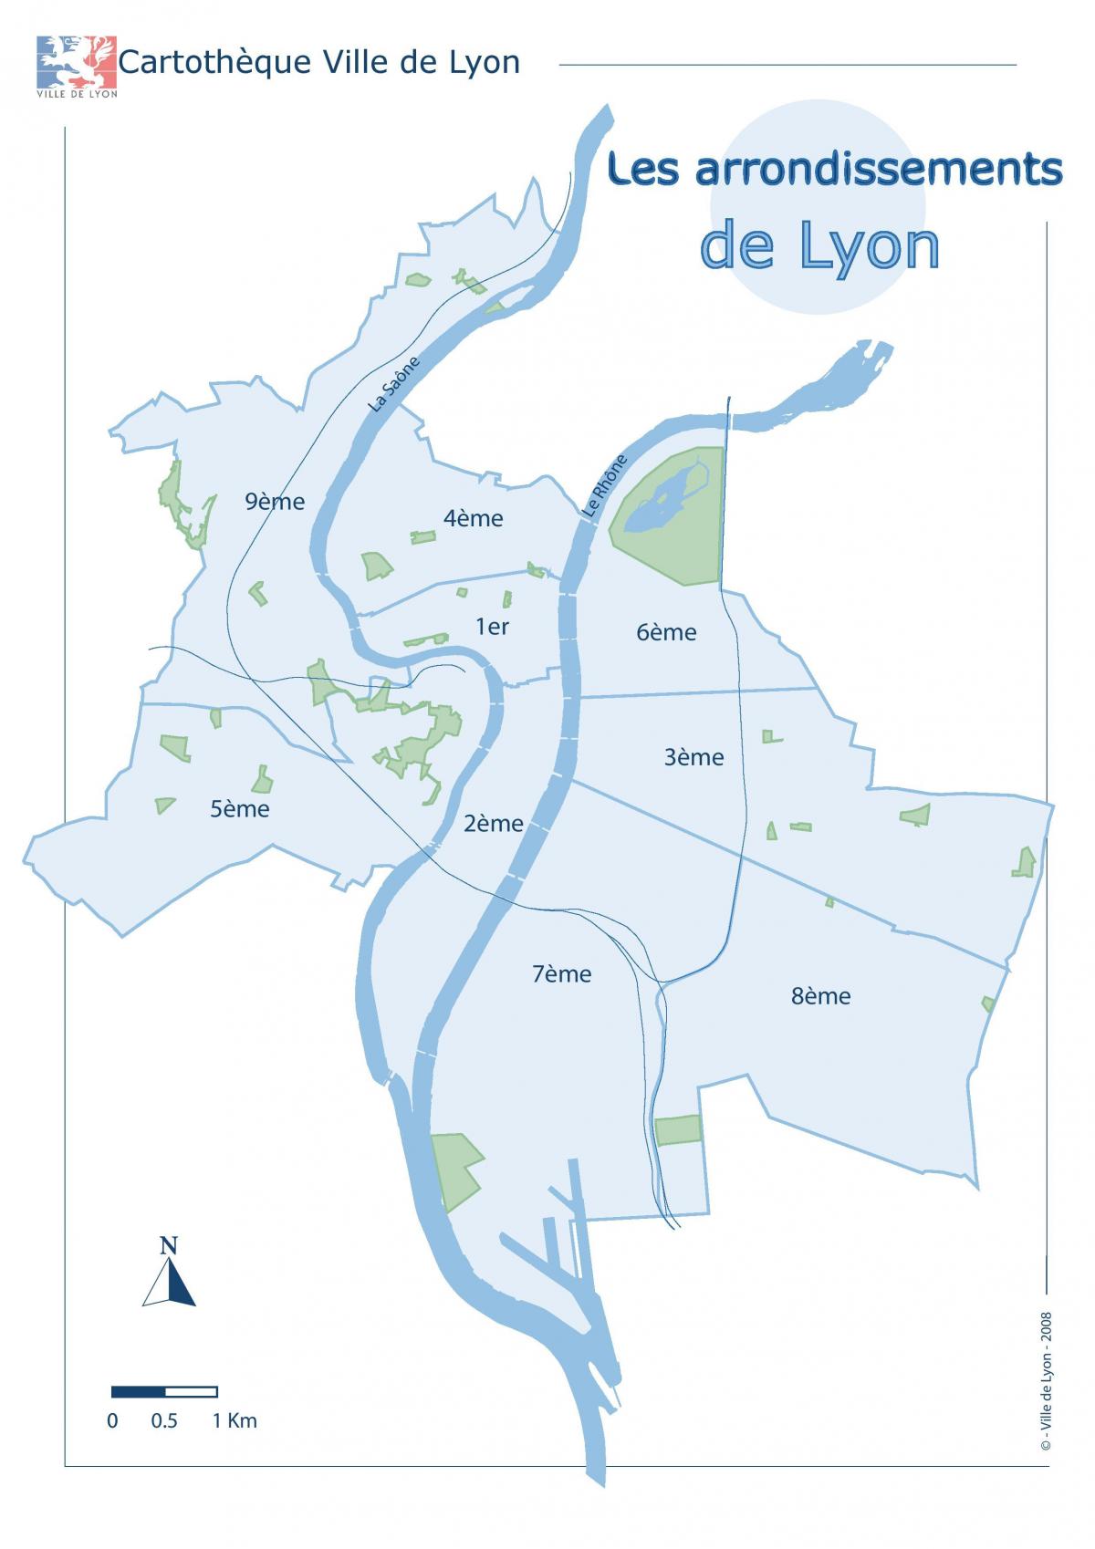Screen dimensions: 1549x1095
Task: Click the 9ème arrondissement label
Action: pyautogui.click(x=274, y=501)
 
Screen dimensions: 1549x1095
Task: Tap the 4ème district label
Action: pyautogui.click(x=473, y=518)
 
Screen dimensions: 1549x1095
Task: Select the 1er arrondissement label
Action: pyautogui.click(x=492, y=626)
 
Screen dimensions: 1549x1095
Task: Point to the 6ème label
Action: pyautogui.click(x=666, y=632)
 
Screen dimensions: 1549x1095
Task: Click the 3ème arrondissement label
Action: pyautogui.click(x=693, y=756)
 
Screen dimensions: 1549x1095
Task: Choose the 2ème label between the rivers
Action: pyautogui.click(x=494, y=824)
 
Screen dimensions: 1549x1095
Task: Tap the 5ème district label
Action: pyautogui.click(x=240, y=808)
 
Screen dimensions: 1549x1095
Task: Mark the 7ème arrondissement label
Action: pyautogui.click(x=561, y=973)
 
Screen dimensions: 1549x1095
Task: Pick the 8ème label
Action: pyautogui.click(x=820, y=995)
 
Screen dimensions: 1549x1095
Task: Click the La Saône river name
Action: pyautogui.click(x=395, y=383)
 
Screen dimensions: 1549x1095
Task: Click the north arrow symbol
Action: pyautogui.click(x=169, y=1274)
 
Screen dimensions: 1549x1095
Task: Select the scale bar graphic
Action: pyautogui.click(x=164, y=1391)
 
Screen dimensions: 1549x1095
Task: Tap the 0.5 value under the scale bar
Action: pyautogui.click(x=164, y=1420)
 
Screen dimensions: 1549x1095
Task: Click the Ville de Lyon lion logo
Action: pyautogui.click(x=77, y=61)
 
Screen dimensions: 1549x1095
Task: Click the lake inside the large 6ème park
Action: pyautogui.click(x=664, y=504)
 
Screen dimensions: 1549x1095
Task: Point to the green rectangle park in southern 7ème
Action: pyautogui.click(x=679, y=1129)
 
